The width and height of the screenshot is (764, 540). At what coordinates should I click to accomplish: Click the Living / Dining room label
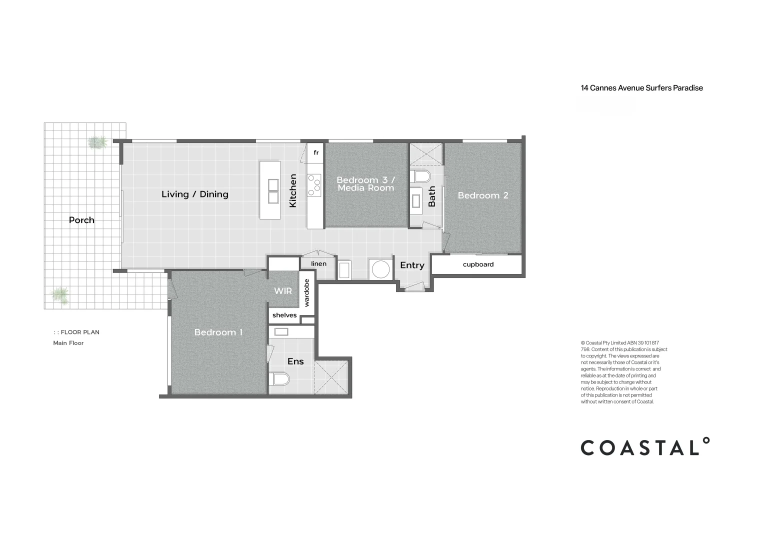pyautogui.click(x=194, y=194)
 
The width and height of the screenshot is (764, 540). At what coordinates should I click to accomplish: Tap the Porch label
pyautogui.click(x=81, y=220)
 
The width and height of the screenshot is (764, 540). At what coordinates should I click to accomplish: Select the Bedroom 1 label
pyautogui.click(x=218, y=332)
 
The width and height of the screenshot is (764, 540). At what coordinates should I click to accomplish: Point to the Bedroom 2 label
pyautogui.click(x=483, y=195)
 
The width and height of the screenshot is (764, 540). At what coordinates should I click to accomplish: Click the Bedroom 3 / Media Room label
pyautogui.click(x=366, y=184)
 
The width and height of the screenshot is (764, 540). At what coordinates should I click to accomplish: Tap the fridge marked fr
pyautogui.click(x=316, y=152)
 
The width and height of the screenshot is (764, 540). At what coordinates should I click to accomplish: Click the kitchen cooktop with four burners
pyautogui.click(x=314, y=185)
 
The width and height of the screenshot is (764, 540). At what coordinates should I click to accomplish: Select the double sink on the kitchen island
pyautogui.click(x=273, y=191)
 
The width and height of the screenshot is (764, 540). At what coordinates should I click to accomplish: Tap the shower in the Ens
pyautogui.click(x=330, y=377)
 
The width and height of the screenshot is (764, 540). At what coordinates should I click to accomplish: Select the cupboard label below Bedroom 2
pyautogui.click(x=478, y=264)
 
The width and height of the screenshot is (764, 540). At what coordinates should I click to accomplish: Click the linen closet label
pyautogui.click(x=318, y=264)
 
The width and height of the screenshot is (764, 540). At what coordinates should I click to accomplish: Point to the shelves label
pyautogui.click(x=284, y=315)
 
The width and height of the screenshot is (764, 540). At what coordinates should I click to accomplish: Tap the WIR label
pyautogui.click(x=282, y=291)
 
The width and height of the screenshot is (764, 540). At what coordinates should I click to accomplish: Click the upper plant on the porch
pyautogui.click(x=97, y=142)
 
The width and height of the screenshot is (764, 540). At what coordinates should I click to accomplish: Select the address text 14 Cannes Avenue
pyautogui.click(x=641, y=88)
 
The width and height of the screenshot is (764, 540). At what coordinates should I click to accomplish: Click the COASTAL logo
pyautogui.click(x=644, y=447)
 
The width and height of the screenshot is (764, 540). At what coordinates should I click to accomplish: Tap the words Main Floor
pyautogui.click(x=68, y=343)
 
